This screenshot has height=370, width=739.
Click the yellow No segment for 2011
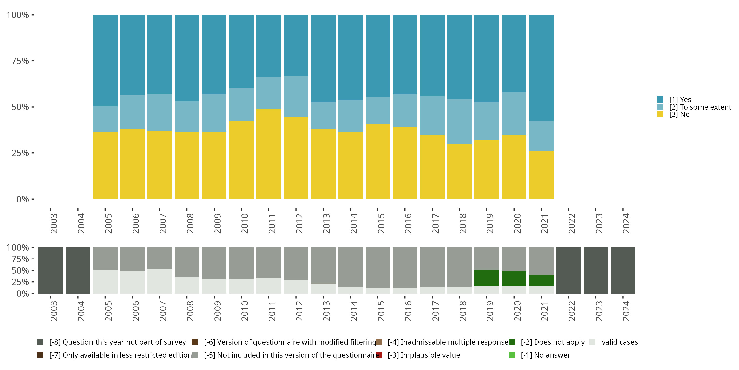(269, 154)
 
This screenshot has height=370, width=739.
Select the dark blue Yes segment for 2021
(541, 68)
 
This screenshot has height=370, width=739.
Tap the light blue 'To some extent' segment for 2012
(296, 96)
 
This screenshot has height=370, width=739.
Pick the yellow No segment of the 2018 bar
(459, 171)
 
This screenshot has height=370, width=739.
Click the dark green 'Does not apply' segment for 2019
(487, 278)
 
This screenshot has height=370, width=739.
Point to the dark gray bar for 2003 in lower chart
(50, 270)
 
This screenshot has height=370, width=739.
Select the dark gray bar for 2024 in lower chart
(623, 270)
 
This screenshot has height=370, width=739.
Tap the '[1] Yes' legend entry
(680, 100)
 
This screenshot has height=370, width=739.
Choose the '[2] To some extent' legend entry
(700, 107)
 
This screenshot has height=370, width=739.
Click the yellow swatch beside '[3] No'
(660, 115)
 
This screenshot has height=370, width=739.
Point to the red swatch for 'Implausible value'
(379, 355)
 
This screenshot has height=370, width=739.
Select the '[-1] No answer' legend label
(545, 355)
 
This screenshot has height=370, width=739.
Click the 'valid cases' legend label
(619, 342)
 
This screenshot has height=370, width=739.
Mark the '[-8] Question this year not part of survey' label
(118, 342)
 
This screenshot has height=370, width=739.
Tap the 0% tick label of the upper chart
(23, 199)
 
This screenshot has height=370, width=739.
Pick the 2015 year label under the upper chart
(381, 223)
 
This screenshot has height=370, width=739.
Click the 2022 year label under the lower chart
(571, 311)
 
